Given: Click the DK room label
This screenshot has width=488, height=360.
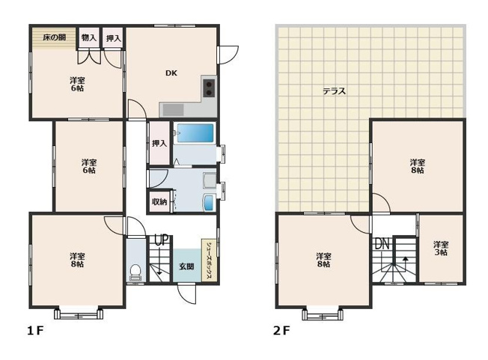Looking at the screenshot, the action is click(x=171, y=73).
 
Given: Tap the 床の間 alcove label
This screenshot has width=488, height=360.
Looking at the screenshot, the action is click(x=55, y=37).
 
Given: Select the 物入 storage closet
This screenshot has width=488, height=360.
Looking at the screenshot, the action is click(x=89, y=37).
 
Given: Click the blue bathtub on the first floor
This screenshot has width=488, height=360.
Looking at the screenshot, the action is click(x=195, y=133).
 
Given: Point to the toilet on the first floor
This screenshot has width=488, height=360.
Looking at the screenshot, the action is click(x=135, y=272).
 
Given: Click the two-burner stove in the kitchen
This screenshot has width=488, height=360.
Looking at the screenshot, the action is click(x=209, y=88).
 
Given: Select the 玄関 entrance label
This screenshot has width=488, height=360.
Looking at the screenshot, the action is click(x=186, y=266).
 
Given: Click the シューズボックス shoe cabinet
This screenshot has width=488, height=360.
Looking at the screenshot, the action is click(x=209, y=260).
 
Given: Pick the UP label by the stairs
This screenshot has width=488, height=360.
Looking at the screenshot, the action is click(x=162, y=240).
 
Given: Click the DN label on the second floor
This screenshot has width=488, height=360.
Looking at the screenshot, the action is click(x=382, y=244).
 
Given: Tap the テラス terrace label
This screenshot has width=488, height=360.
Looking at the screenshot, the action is click(x=335, y=91).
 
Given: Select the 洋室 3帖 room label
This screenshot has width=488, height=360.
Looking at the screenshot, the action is click(x=441, y=248).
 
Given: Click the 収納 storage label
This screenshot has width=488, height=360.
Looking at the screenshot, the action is click(x=159, y=201).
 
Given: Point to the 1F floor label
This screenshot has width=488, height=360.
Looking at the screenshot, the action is click(x=35, y=331).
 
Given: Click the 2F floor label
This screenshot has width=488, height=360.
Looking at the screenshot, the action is click(x=281, y=331).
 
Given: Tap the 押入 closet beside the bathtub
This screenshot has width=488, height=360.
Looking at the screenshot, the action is click(x=159, y=143).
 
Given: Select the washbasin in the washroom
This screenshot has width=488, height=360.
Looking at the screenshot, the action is click(x=208, y=202).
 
